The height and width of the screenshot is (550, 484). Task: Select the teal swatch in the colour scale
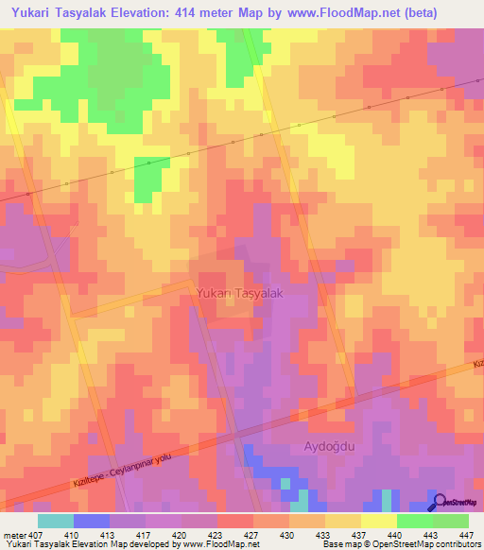click(56, 521)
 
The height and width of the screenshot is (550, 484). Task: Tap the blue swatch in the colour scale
click(92, 521)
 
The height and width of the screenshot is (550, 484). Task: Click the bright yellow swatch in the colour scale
click(378, 521)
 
